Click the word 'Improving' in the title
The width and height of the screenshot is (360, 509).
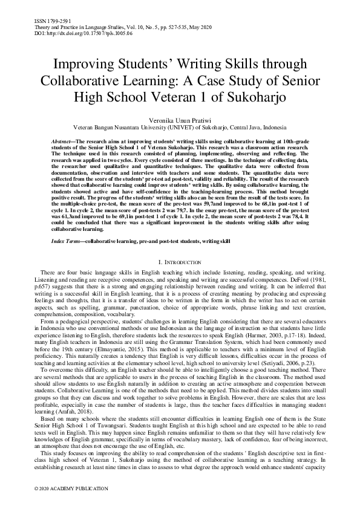tap(86, 65)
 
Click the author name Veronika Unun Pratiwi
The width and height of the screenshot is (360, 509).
tap(180, 120)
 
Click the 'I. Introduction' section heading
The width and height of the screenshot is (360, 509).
tap(180, 262)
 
